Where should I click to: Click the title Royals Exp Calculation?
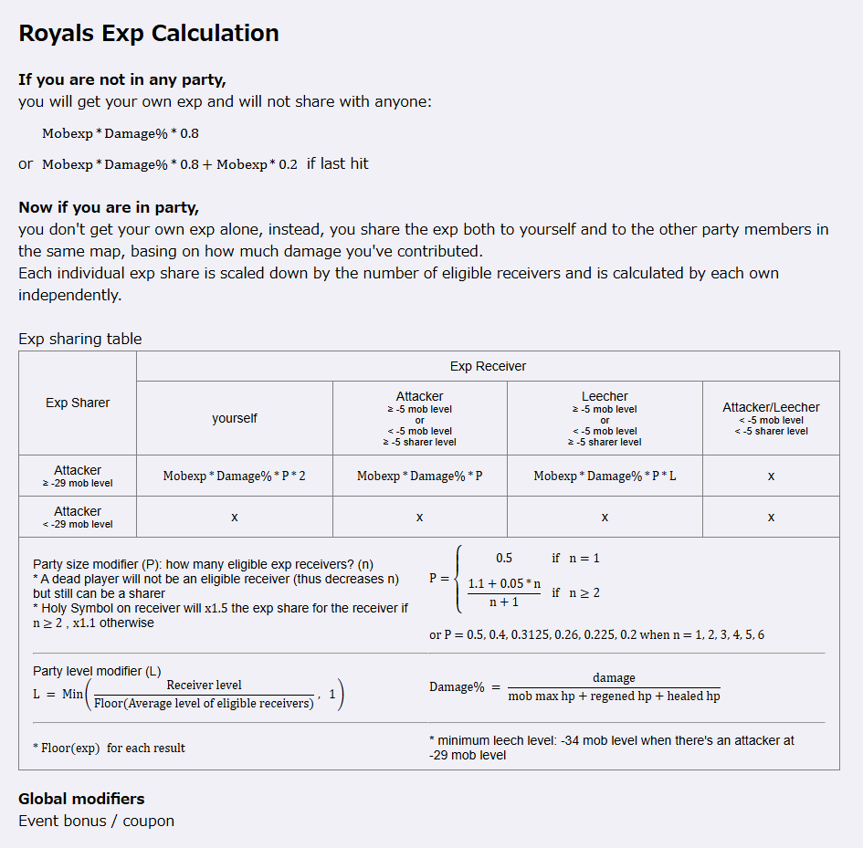point(149,34)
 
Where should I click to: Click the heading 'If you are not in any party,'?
point(122,79)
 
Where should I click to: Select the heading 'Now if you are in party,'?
point(109,207)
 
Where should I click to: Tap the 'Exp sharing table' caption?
point(80,339)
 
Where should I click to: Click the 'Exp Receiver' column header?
point(488,366)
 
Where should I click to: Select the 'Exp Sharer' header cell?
point(78,403)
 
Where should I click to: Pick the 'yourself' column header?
point(235,418)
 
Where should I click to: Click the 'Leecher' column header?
point(605,396)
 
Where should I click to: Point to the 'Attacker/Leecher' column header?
point(771,407)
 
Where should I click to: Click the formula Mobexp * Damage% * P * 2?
point(235,476)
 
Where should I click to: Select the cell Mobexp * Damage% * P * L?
point(605,476)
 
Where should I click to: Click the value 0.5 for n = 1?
point(504,558)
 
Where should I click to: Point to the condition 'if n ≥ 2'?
point(575,592)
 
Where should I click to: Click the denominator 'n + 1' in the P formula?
point(504,602)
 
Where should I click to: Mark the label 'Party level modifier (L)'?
point(97,671)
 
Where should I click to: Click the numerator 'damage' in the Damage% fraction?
point(614,678)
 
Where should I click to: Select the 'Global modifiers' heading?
point(81,799)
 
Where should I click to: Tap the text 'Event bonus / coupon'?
point(96,821)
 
